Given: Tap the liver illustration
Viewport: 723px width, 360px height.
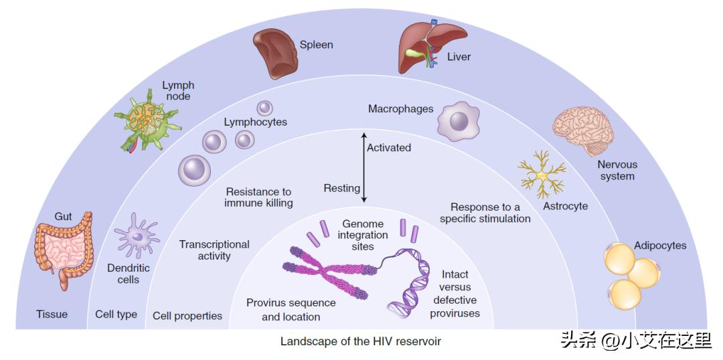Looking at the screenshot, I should pos(428,47).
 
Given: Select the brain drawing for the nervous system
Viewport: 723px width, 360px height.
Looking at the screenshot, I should pos(583,128).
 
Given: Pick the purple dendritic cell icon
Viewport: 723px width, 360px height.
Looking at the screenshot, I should pos(137,236).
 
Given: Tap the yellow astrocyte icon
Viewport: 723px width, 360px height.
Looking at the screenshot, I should pos(542,174).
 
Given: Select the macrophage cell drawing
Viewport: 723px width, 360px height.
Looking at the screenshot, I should pos(459,120).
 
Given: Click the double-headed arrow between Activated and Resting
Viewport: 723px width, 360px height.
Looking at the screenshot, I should pos(363,167).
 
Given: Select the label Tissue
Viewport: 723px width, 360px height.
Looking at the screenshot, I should pos(52,314).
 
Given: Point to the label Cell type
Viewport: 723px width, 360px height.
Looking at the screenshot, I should pos(116,314).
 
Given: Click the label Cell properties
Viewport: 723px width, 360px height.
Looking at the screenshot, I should pos(187,316).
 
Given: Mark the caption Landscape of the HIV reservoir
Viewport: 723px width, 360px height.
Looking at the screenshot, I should pos(360,341).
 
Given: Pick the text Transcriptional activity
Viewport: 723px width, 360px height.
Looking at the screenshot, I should pos(214,250).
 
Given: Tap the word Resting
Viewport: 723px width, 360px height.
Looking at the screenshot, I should pos(341,188).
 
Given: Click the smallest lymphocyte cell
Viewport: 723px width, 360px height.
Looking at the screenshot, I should pos(265,107).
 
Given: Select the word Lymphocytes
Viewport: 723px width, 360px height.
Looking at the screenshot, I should pos(255,122).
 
